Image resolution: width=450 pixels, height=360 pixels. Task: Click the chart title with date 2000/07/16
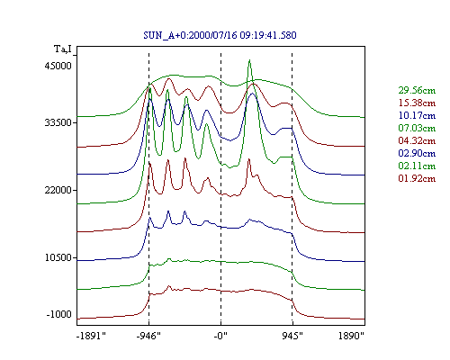(220, 35)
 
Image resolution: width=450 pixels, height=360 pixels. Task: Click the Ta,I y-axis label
(62, 49)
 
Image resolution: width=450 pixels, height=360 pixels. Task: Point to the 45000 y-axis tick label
(58, 66)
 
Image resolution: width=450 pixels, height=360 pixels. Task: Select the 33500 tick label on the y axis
(58, 122)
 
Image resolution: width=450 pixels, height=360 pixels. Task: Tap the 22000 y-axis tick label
(58, 190)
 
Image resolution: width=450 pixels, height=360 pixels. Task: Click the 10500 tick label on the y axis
(58, 257)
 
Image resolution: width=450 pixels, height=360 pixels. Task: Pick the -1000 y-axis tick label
(58, 314)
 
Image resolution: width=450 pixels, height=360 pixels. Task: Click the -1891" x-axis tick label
(92, 336)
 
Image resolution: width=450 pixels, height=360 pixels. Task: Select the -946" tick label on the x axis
(148, 336)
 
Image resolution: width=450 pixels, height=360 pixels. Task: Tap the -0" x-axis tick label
(220, 336)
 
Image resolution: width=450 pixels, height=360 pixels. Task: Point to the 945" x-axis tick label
(292, 336)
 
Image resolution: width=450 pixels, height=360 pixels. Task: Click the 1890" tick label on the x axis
(351, 336)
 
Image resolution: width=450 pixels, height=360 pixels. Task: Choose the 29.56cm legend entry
(417, 90)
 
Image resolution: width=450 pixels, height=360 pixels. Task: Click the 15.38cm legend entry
(417, 103)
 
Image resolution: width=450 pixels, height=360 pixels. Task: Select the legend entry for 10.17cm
(417, 115)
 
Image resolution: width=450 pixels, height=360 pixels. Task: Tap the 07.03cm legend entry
(417, 128)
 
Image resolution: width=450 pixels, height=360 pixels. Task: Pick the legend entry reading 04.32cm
(417, 140)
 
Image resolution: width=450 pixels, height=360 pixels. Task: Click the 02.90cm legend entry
(417, 153)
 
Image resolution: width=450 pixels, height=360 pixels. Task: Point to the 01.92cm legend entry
(417, 178)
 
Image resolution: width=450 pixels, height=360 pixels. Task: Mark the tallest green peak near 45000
(249, 60)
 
